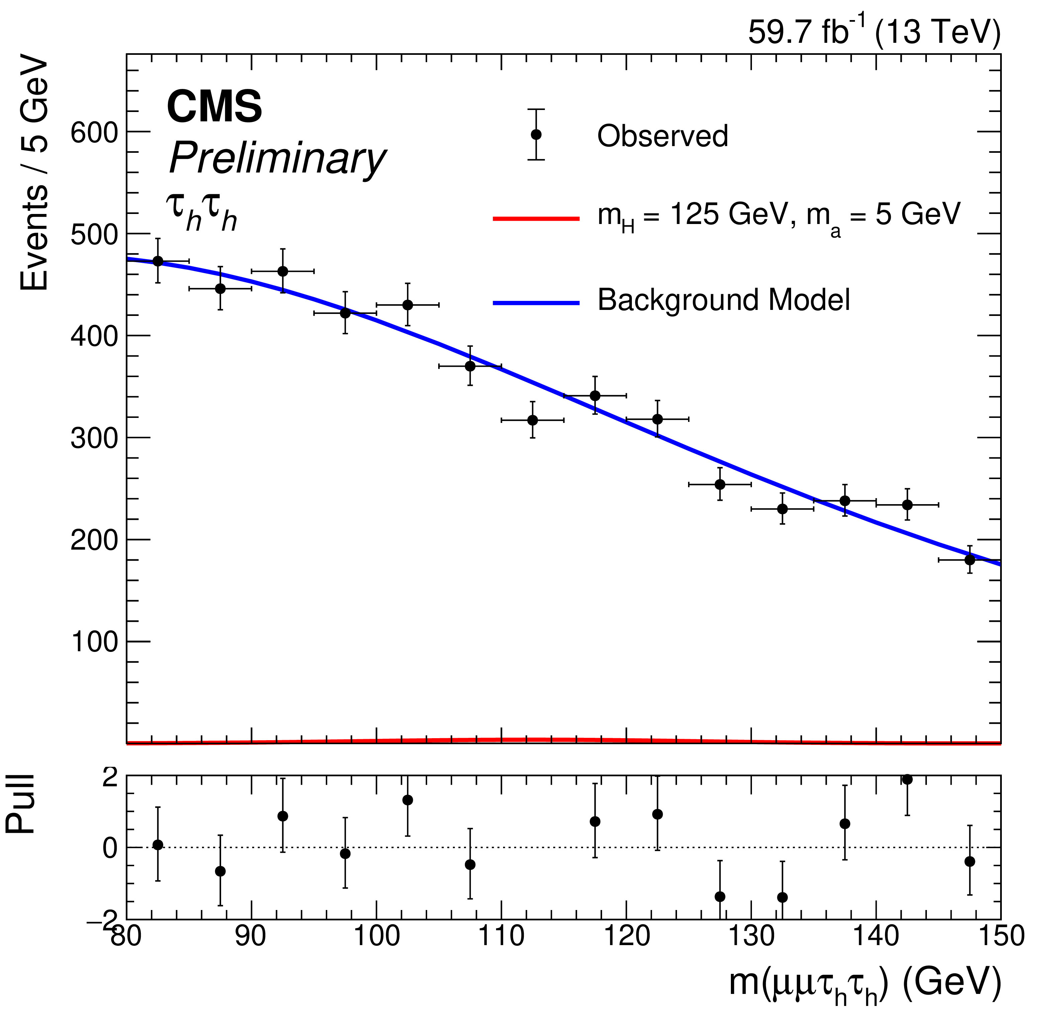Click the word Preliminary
[x=277, y=159]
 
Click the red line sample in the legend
[x=536, y=218]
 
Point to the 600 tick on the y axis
[x=94, y=132]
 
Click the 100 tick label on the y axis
[x=94, y=642]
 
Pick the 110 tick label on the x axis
[x=501, y=936]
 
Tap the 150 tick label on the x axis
[x=1001, y=936]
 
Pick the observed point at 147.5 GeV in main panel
[x=970, y=560]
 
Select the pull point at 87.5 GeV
[x=220, y=871]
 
